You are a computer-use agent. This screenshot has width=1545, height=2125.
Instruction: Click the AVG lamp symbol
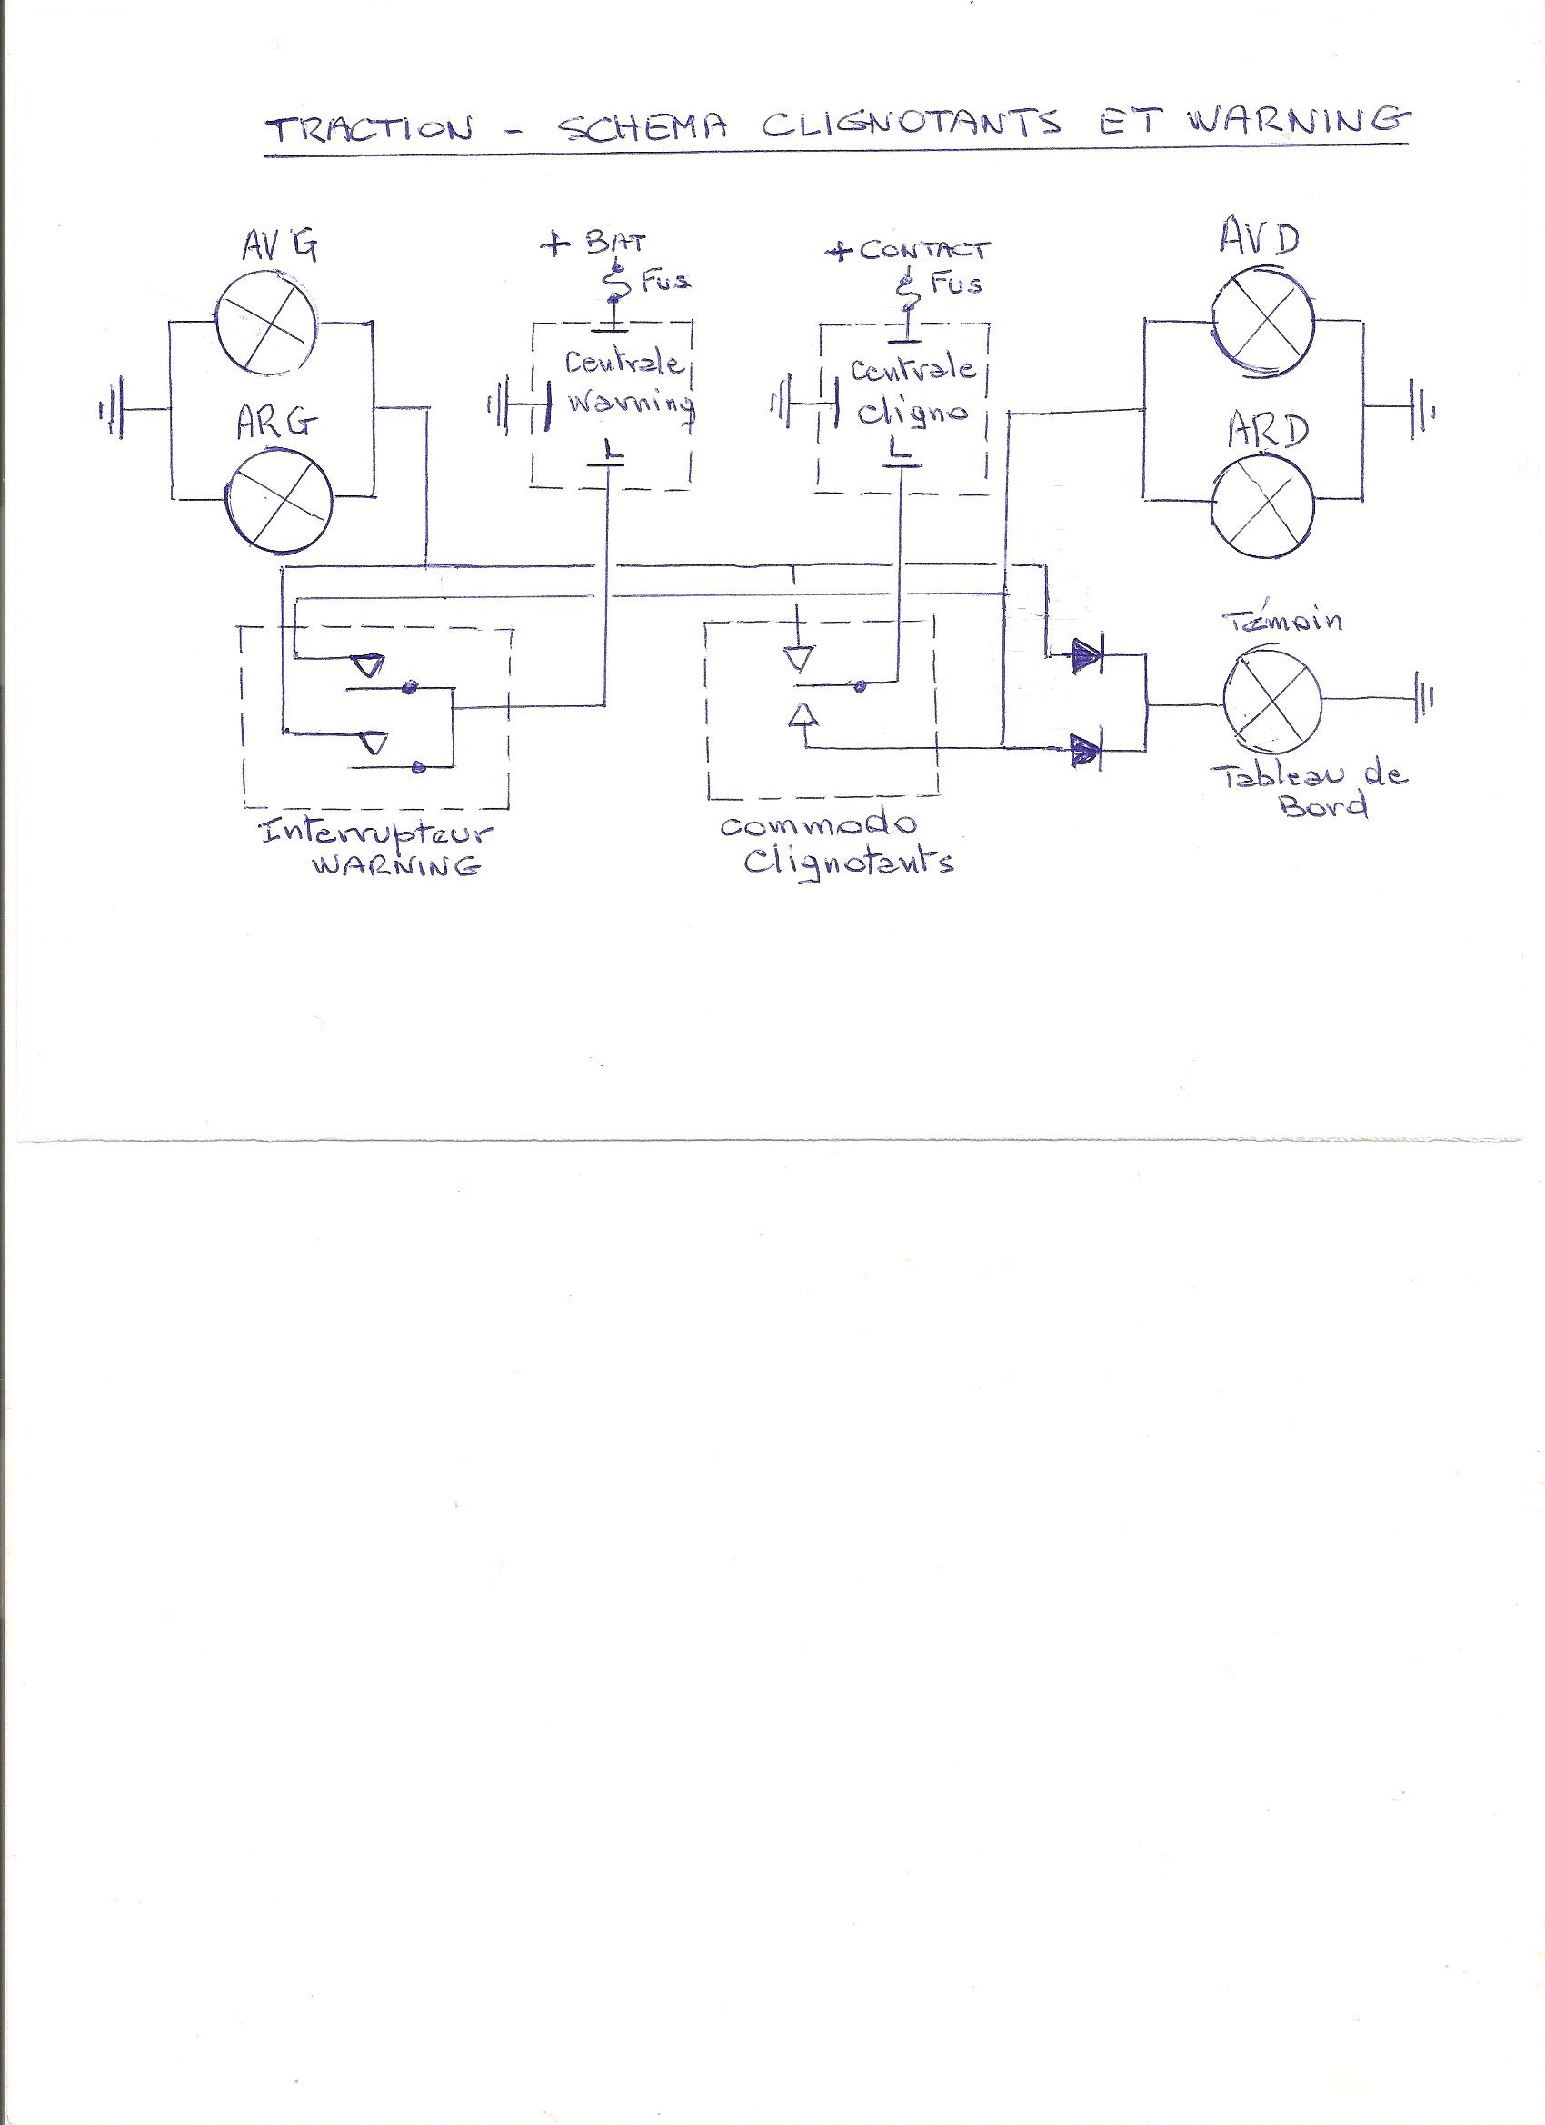[x=266, y=332]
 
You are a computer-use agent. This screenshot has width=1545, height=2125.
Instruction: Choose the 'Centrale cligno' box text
[x=912, y=389]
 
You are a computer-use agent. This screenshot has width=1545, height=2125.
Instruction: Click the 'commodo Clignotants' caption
[x=834, y=844]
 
